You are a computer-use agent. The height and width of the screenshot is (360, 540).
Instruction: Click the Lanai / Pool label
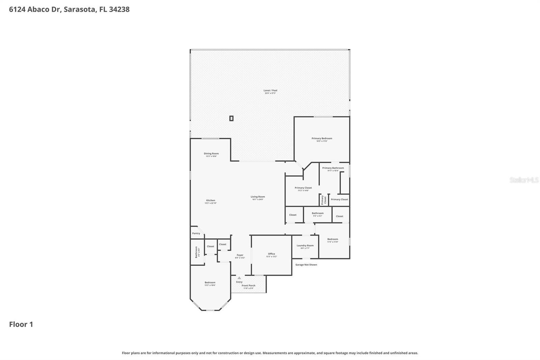coord(270,91)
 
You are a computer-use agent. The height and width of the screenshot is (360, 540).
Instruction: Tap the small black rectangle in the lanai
coord(231,118)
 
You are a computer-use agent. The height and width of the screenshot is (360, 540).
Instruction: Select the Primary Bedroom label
coord(322,138)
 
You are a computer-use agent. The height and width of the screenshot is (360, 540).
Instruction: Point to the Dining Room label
coord(211,154)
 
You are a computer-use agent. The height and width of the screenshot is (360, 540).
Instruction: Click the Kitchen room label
coord(211,201)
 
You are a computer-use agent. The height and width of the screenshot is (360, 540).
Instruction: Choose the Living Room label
coord(258,197)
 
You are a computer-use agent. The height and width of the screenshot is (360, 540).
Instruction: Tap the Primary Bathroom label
coord(333,168)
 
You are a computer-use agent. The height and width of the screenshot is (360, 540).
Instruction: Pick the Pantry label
coord(196,233)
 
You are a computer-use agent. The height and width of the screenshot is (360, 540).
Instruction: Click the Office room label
coord(271,254)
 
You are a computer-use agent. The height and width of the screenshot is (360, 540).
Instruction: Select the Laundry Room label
coord(305,246)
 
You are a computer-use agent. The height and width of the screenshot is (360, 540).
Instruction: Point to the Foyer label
coord(240,255)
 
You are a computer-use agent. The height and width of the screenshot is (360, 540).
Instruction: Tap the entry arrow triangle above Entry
coord(239,278)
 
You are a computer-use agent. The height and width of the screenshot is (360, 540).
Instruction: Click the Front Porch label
coord(248,286)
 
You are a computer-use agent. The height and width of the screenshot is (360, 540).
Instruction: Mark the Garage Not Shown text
coord(306,265)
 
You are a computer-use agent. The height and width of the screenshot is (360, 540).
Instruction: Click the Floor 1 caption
coord(21,325)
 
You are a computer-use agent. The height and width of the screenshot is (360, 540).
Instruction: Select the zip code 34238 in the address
coord(119,9)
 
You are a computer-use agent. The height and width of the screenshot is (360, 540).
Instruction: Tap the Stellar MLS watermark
coord(524,180)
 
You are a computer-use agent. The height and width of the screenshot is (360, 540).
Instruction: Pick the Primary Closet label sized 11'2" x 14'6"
coord(303,188)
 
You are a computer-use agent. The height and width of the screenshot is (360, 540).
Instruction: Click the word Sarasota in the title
coord(79,9)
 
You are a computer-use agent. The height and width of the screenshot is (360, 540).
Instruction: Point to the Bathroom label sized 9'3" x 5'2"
coord(318,213)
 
